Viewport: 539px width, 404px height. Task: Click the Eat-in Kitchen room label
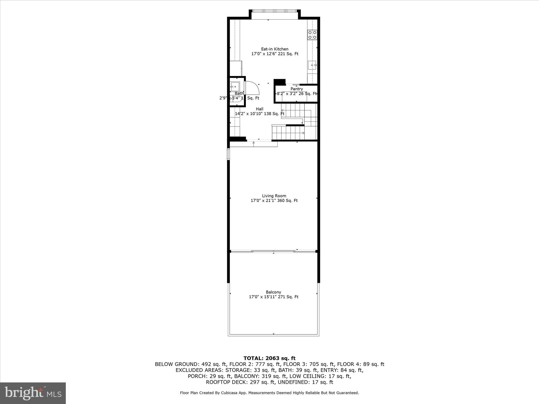point(275,49)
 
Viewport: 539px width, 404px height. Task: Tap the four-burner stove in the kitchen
point(312,35)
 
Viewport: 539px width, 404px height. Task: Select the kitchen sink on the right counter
point(312,65)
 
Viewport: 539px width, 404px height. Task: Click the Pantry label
point(297,89)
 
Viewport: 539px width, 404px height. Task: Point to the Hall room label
point(259,109)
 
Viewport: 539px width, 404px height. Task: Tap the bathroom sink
point(235,86)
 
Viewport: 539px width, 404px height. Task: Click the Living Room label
point(274,196)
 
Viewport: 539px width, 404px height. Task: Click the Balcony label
point(273,292)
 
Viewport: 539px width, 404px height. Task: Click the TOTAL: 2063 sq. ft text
point(269,358)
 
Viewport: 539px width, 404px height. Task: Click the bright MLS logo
point(33,393)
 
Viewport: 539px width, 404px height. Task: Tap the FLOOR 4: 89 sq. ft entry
point(361,364)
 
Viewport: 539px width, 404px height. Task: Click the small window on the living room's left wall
point(228,154)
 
